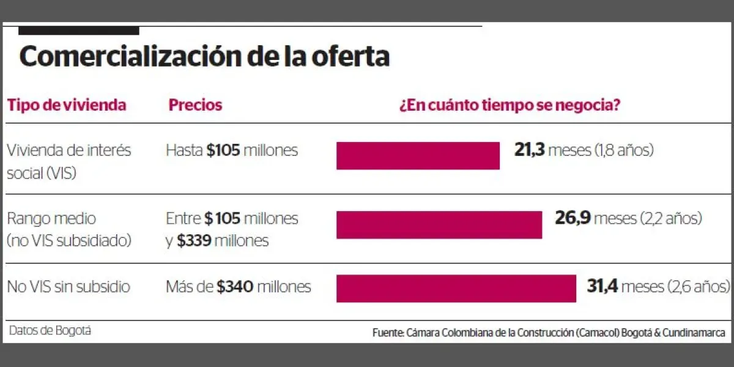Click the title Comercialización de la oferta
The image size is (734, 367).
coord(204,57)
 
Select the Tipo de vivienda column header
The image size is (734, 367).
coord(67,105)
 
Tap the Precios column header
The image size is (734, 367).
coord(195,105)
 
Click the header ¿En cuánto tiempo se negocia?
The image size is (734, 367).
coord(510,105)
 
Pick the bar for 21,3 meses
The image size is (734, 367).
coord(418,155)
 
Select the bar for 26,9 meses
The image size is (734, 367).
coord(439,224)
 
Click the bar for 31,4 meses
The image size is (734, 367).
coord(456,288)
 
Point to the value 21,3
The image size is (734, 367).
coord(529,150)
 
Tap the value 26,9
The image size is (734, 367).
coord(572,218)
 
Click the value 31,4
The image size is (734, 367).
coord(604,286)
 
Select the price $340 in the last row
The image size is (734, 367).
coord(235,286)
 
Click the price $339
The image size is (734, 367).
coord(195,240)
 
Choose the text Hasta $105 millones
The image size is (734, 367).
coord(232,150)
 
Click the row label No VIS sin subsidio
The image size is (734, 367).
coord(69,286)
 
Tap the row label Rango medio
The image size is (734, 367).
coord(51,218)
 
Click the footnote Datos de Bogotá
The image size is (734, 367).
coord(50,331)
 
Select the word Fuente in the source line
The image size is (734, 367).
coord(387,333)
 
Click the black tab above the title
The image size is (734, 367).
coord(79,31)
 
